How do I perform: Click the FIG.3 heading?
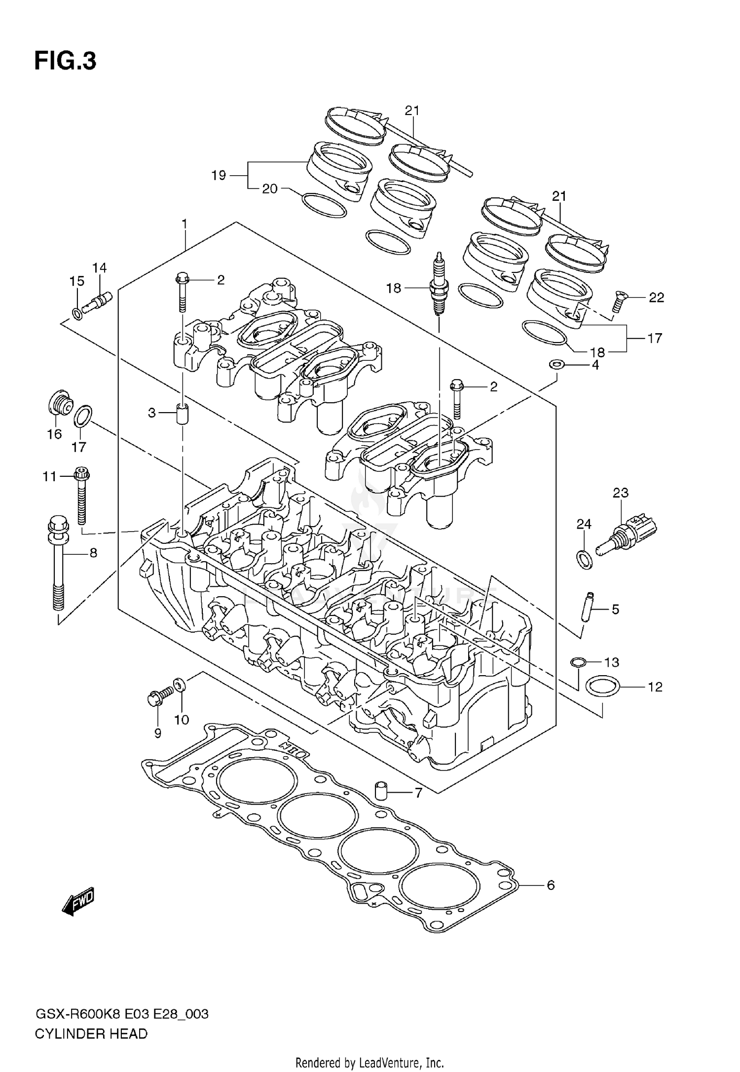pyautogui.click(x=65, y=62)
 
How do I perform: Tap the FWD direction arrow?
pyautogui.click(x=78, y=902)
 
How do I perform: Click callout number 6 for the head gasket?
pyautogui.click(x=551, y=885)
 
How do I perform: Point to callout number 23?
pyautogui.click(x=621, y=493)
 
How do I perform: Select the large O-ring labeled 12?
pyautogui.click(x=602, y=687)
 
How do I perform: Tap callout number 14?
pyautogui.click(x=99, y=268)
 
